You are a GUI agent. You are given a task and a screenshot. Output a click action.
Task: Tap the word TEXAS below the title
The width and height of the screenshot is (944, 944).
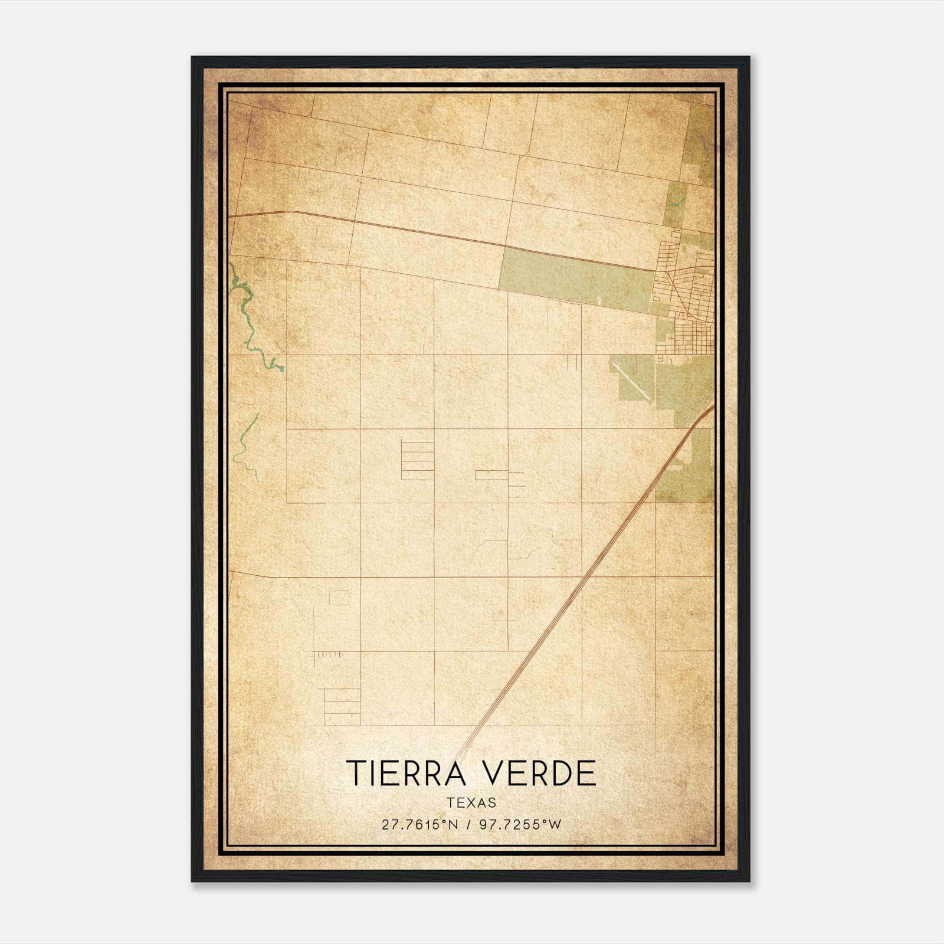(471, 802)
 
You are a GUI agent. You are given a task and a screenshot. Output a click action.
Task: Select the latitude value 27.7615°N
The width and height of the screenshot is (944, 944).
(419, 825)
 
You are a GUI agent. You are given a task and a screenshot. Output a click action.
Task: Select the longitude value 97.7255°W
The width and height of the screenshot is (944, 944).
(520, 825)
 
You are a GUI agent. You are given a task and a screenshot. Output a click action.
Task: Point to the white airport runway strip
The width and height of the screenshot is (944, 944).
(632, 381)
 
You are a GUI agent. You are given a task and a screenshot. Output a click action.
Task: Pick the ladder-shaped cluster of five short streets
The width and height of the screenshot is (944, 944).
(417, 460)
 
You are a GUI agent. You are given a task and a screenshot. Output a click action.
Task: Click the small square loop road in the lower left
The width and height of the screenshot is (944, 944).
(339, 597)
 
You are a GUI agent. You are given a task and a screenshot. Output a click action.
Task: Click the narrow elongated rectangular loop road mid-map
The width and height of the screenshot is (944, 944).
(491, 475)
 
